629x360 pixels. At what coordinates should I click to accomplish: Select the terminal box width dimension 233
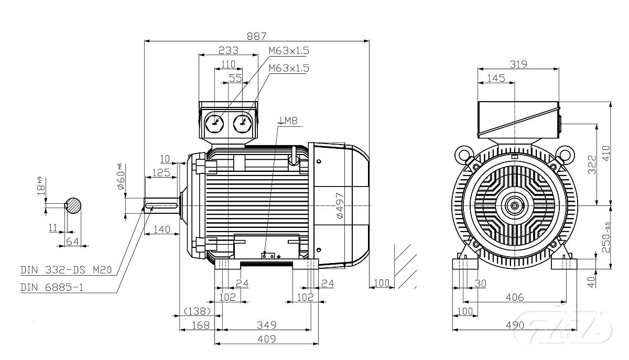coord(228,50)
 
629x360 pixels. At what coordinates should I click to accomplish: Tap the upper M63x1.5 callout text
coord(289,51)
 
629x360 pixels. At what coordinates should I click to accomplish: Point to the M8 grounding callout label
coord(288,121)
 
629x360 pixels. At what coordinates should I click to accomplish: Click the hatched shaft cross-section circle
coord(73,205)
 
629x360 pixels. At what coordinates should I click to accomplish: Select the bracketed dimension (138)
coord(197,311)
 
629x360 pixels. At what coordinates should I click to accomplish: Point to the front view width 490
coord(515,325)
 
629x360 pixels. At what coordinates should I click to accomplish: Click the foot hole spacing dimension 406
coord(514,297)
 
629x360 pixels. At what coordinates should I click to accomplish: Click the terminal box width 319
coord(518,64)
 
